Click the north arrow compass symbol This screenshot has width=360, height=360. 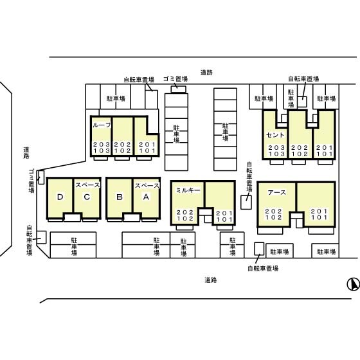coord(353,284)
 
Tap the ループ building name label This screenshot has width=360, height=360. coord(102,125)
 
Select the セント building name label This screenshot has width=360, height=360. coord(275,135)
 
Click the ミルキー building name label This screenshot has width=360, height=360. coord(188,190)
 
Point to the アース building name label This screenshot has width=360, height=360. coord(276,192)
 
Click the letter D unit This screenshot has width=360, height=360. coord(60,197)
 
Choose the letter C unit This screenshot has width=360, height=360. coord(87,197)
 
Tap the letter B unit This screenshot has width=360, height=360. coord(120,197)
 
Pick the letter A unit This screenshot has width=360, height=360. coord(146,197)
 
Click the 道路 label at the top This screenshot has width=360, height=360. coord(206,73)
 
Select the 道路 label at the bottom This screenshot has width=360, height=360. coord(211,280)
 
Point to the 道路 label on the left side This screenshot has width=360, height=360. coord(26,153)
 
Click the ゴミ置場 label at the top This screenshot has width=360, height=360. coord(175,78)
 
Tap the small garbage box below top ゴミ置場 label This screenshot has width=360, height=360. coord(179,89)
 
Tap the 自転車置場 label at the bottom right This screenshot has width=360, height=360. coord(263,268)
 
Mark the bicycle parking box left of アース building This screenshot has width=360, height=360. coord(246,203)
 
